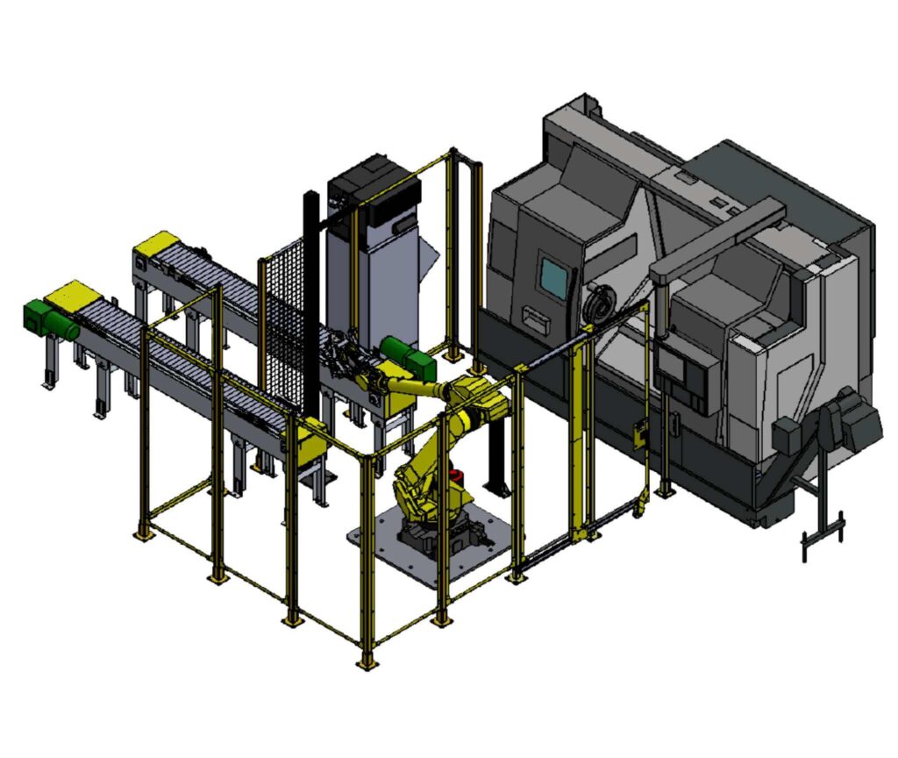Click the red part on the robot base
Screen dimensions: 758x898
(455, 476)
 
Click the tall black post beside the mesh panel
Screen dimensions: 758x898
(310, 298)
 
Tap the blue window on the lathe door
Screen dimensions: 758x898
(554, 277)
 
